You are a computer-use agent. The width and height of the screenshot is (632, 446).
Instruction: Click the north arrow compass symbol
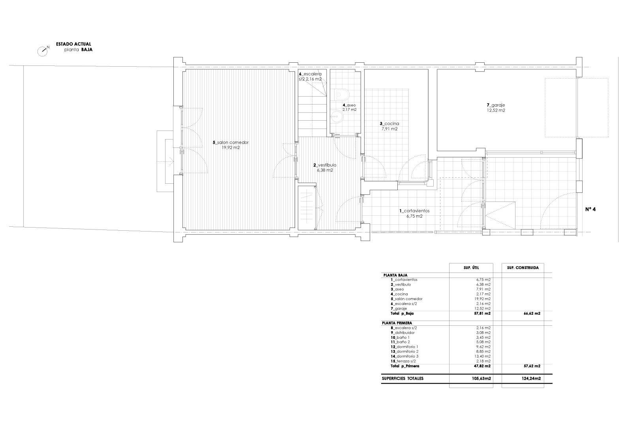pyautogui.click(x=43, y=51)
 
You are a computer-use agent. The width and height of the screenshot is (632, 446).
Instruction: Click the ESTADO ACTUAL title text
pyautogui.click(x=73, y=44)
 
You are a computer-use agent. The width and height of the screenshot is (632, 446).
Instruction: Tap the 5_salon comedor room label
pyautogui.click(x=231, y=143)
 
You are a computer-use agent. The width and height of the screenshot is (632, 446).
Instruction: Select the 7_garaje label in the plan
pyautogui.click(x=496, y=105)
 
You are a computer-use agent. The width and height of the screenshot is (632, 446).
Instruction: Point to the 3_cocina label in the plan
pyautogui.click(x=389, y=124)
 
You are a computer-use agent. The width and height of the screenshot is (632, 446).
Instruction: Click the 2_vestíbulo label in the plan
pyautogui.click(x=325, y=165)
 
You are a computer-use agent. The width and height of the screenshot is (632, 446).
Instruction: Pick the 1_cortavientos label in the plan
pyautogui.click(x=414, y=211)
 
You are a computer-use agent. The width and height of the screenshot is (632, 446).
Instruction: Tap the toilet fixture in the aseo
pyautogui.click(x=342, y=95)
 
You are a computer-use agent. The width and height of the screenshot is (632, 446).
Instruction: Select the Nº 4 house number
pyautogui.click(x=590, y=209)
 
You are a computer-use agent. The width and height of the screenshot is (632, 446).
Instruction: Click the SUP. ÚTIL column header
pyautogui.click(x=471, y=268)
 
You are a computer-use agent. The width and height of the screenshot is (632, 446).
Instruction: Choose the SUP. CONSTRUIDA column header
pyautogui.click(x=523, y=268)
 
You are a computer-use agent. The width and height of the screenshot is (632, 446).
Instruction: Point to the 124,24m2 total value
pyautogui.click(x=531, y=379)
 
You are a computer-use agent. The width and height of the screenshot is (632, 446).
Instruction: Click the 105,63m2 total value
pyautogui.click(x=482, y=379)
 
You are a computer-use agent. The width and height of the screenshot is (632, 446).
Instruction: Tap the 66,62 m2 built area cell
pyautogui.click(x=532, y=313)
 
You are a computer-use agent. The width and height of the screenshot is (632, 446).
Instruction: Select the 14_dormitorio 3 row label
pyautogui.click(x=404, y=356)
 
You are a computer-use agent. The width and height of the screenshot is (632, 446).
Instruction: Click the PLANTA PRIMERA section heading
pyautogui.click(x=397, y=323)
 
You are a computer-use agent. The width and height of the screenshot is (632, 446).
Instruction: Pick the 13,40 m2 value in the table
pyautogui.click(x=483, y=356)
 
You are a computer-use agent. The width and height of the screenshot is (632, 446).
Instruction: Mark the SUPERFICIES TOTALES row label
pyautogui.click(x=403, y=379)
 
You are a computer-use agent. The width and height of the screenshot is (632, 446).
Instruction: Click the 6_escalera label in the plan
pyautogui.click(x=310, y=74)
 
